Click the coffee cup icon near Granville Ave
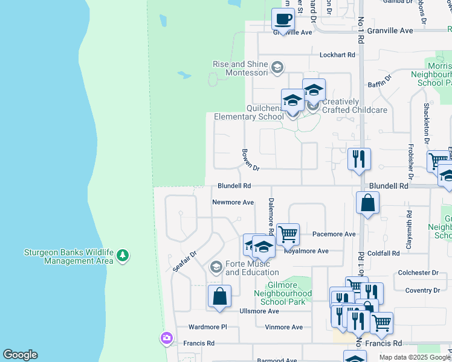(x=282, y=19)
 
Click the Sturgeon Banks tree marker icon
(x=123, y=256)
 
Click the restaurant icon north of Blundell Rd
(x=359, y=159)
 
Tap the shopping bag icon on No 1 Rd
(x=367, y=203)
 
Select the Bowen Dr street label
(x=250, y=159)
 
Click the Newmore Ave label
(x=233, y=203)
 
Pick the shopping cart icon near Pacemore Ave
(x=288, y=233)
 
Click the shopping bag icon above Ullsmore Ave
(x=219, y=296)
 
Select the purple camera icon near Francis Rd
(x=167, y=338)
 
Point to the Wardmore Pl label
(x=207, y=327)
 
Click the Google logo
(x=20, y=355)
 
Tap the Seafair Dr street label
(x=185, y=261)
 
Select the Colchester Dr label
(x=418, y=273)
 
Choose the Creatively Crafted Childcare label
(x=354, y=106)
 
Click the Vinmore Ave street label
(x=283, y=327)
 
